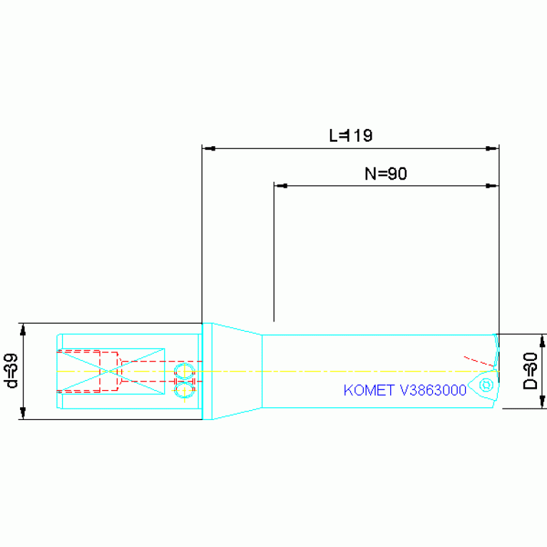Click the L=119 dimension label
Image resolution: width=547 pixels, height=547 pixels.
tap(351, 136)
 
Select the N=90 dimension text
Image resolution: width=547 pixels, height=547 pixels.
tap(386, 173)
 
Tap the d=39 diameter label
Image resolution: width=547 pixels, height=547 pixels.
tap(11, 371)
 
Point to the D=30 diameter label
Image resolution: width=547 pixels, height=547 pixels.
tap(531, 371)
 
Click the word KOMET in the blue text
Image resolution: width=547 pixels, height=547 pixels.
tap(369, 390)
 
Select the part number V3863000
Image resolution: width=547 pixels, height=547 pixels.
tap(434, 390)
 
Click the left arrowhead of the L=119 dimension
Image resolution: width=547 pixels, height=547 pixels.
tap(209, 148)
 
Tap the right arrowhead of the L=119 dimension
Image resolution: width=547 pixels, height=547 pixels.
tap(492, 148)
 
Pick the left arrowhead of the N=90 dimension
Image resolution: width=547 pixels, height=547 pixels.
tap(281, 186)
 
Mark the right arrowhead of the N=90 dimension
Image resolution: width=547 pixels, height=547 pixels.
tap(492, 186)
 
